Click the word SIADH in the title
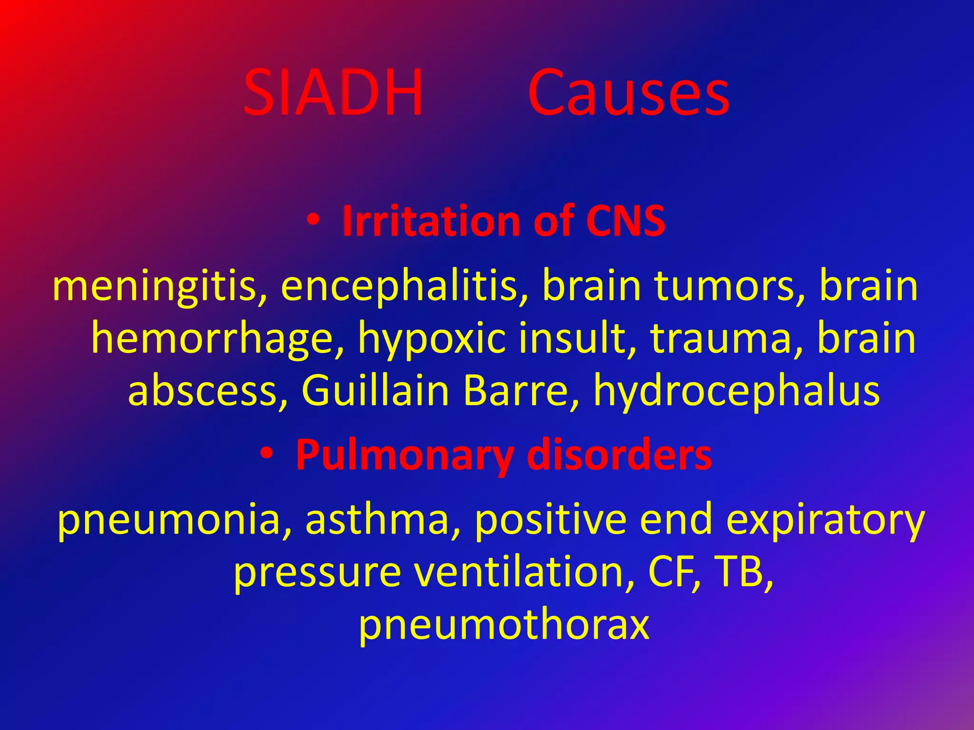tap(332, 92)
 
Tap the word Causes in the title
tap(628, 92)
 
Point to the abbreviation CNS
tap(625, 221)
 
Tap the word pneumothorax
tap(504, 624)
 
